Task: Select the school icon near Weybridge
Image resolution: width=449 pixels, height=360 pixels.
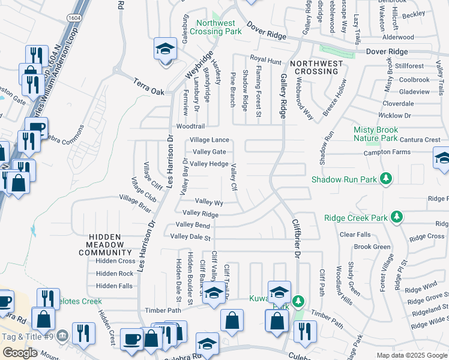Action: [165, 49]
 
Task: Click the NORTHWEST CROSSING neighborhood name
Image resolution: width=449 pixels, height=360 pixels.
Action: [316, 67]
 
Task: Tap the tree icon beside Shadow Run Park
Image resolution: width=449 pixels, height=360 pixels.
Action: [387, 179]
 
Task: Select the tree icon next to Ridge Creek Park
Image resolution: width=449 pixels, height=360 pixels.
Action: [396, 217]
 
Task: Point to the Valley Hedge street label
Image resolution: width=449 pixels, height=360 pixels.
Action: [209, 164]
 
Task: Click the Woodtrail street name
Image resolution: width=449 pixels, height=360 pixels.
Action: [190, 127]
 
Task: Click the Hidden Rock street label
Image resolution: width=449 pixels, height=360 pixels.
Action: [115, 274]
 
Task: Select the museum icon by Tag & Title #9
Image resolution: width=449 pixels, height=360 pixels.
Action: [64, 330]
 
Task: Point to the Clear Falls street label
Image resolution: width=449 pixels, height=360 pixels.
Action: [355, 235]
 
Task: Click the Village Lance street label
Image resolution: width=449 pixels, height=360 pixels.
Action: [209, 140]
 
